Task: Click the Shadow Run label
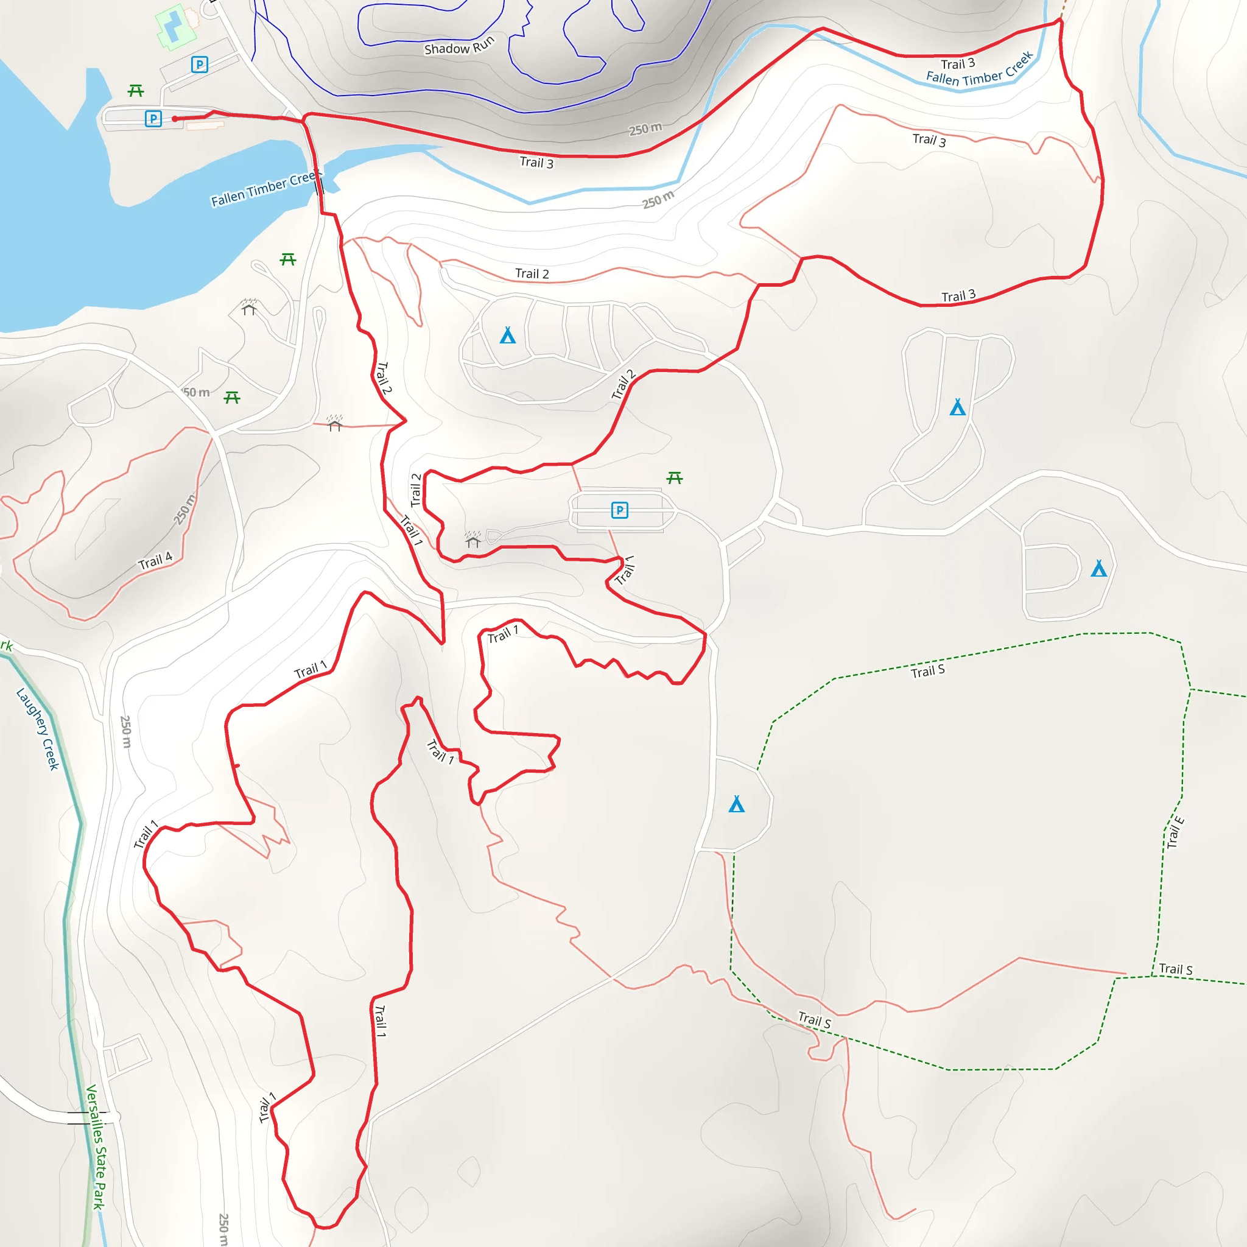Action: (459, 45)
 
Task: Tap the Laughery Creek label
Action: (37, 729)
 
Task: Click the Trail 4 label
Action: (155, 561)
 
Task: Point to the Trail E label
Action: (1175, 832)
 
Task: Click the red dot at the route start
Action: (175, 119)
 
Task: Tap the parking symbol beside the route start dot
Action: (153, 119)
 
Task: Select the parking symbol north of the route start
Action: (200, 65)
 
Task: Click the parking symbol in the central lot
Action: (620, 510)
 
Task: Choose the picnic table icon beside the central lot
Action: (675, 477)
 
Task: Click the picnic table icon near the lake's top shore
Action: (136, 90)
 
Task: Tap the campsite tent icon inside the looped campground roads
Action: (508, 335)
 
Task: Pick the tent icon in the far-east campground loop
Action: (1098, 569)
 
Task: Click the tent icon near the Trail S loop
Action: (737, 804)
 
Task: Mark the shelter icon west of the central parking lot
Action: (473, 539)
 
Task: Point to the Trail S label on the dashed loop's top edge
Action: (927, 671)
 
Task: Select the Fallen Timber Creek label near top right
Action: (979, 69)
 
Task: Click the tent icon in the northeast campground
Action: (958, 407)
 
